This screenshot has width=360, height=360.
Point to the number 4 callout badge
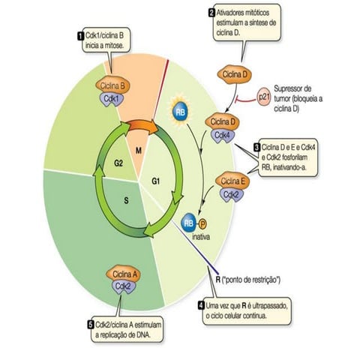click(201, 306)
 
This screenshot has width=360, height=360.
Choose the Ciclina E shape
click(232, 181)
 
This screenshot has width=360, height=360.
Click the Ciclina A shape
click(121, 274)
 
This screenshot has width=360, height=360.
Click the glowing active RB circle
click(181, 110)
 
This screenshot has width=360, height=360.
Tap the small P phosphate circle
click(202, 223)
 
